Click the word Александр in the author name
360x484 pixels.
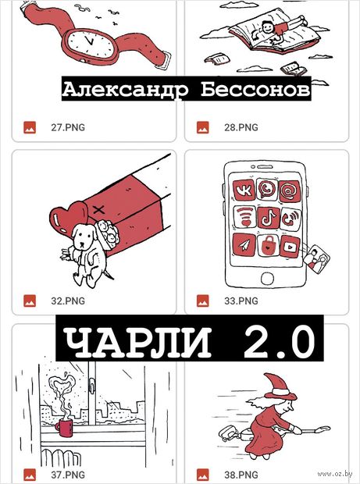pos(125,90)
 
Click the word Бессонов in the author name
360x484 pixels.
pos(255,90)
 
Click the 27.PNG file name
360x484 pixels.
pos(68,127)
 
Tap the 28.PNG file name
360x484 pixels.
pos(241,127)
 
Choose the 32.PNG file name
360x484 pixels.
pos(68,301)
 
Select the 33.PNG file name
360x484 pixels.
pos(241,301)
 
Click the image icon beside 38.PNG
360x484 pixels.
pos(203,475)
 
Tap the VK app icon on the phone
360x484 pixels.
pos(244,190)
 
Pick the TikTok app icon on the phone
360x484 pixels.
pos(269,218)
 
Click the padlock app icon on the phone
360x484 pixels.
pos(267,246)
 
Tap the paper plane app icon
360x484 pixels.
pos(244,245)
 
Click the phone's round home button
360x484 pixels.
pos(267,279)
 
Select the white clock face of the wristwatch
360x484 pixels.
pos(91,43)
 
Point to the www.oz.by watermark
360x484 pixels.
pos(335,474)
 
